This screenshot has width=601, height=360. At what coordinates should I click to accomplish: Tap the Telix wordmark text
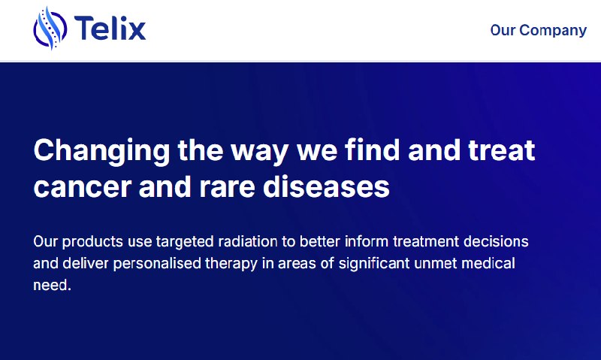pos(110,28)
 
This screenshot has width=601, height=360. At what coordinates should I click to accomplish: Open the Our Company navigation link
pos(538,30)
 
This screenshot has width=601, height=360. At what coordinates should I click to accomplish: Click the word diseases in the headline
pos(327,186)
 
